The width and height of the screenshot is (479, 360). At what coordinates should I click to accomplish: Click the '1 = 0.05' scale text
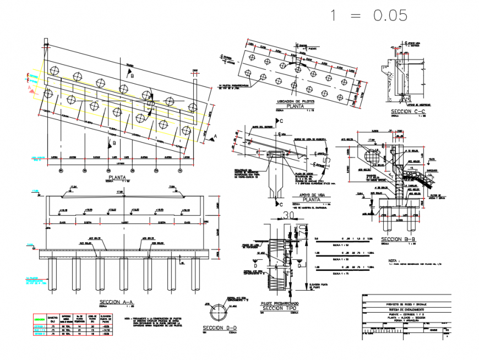coord(368,16)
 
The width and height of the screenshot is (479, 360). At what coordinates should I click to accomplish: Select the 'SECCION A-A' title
coord(116,303)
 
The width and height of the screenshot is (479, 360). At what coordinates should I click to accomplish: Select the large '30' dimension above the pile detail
coord(289,215)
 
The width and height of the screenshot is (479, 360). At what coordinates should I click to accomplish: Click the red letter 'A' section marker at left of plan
coord(30,86)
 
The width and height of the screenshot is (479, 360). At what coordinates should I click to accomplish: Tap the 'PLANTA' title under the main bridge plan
coord(116,179)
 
